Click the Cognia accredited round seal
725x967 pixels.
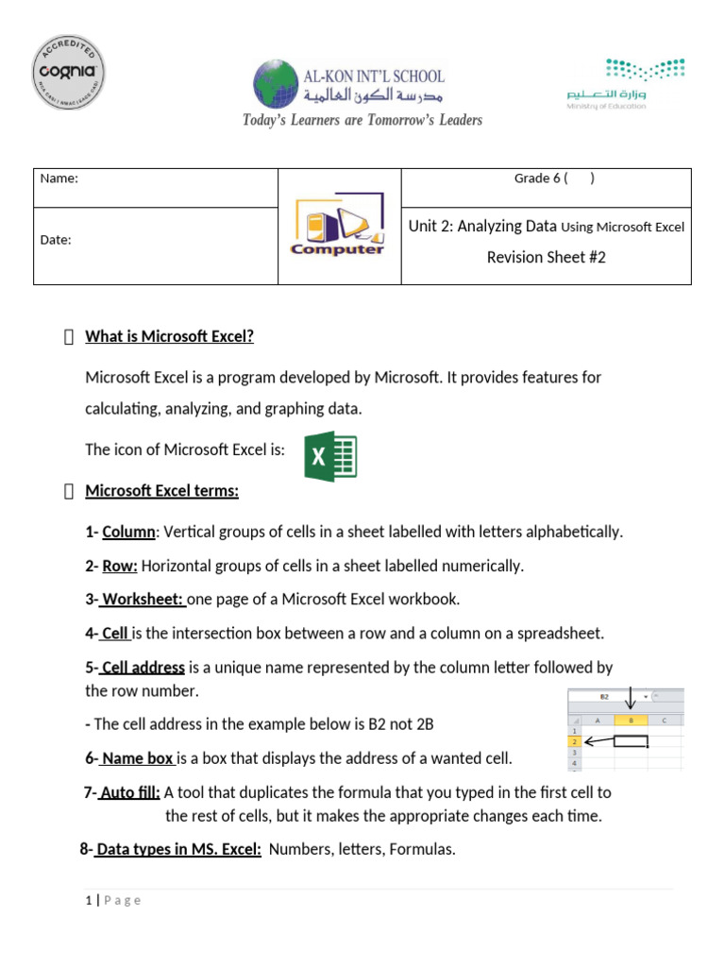68,75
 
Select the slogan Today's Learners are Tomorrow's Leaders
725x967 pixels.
362,120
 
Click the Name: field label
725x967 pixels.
59,178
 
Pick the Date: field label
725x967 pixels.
56,240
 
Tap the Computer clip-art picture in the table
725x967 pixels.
339,227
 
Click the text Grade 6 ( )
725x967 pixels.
553,178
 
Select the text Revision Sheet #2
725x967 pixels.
546,257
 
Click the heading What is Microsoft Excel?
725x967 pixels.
170,337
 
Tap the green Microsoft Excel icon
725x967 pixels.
330,457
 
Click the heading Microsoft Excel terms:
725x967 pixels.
162,491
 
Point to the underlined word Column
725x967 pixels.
128,532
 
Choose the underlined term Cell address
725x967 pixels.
143,668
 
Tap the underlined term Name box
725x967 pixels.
137,758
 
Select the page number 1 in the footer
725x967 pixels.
88,900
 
